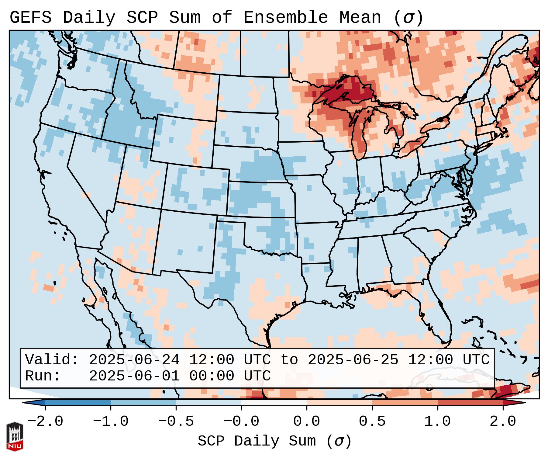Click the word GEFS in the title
tap(30, 17)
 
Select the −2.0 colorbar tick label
tap(45, 422)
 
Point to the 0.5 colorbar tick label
tap(372, 422)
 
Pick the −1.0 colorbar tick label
tap(111, 422)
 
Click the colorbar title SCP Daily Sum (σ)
tap(274, 441)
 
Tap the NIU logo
tap(15, 436)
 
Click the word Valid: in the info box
tap(52, 360)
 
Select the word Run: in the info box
tap(43, 376)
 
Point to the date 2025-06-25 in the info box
tap(353, 360)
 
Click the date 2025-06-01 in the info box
tap(134, 376)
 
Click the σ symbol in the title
tap(408, 17)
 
